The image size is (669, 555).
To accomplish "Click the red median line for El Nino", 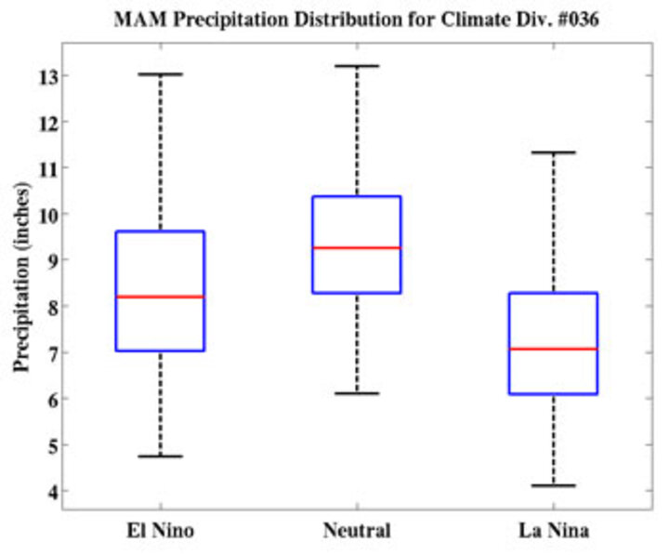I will (160, 297).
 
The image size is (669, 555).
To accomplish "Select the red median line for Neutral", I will (357, 247).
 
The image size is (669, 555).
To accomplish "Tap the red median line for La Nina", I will (553, 349).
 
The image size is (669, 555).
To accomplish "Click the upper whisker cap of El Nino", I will (160, 73).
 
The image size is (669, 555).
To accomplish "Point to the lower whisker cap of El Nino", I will (160, 456).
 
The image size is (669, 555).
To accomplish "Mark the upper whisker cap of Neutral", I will (357, 66).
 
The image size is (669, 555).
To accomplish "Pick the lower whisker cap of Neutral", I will (357, 393).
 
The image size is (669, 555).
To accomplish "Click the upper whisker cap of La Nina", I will (553, 152).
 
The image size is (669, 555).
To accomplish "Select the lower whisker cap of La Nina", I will (553, 485).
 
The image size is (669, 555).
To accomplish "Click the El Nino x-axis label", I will (160, 532).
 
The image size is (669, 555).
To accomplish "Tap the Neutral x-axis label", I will (357, 532).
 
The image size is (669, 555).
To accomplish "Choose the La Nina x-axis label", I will (553, 532).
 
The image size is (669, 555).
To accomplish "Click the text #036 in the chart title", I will (577, 18).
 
